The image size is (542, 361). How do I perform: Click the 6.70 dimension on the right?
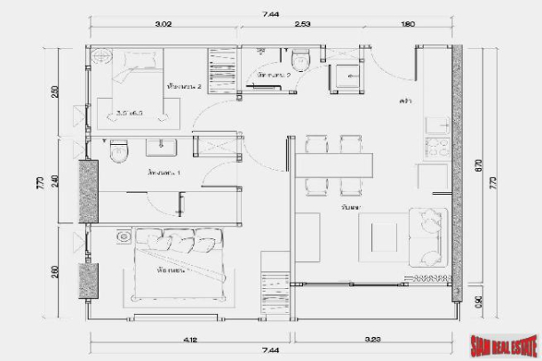479,164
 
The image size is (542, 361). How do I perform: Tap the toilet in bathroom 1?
116,153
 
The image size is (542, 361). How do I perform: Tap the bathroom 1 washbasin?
160,147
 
